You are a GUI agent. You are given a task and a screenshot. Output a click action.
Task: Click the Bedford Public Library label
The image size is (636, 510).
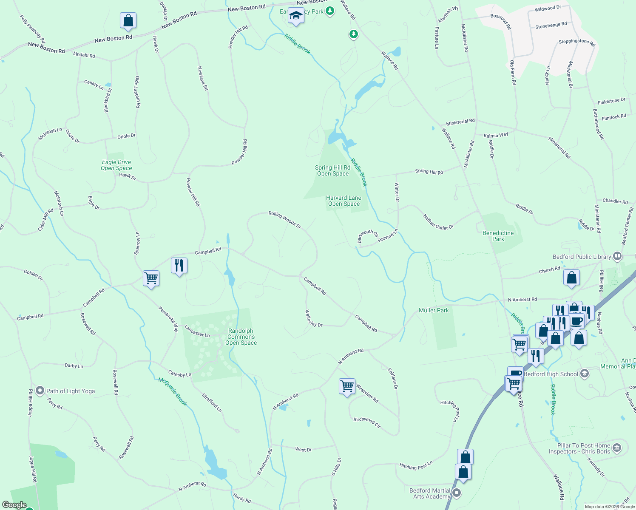[x=582, y=257]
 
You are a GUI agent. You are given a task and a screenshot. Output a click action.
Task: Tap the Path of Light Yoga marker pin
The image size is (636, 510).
[x=40, y=391]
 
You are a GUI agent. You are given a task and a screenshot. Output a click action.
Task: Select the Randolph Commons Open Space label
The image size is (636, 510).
[x=241, y=337]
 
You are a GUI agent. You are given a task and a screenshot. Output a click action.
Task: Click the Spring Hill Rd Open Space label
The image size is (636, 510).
[x=333, y=170]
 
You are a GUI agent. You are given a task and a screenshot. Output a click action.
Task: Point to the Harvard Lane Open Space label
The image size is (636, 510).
[x=344, y=201]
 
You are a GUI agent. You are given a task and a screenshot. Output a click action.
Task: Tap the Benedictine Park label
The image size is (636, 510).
[x=498, y=236]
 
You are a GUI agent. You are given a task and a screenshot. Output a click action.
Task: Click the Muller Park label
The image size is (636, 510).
[x=434, y=310]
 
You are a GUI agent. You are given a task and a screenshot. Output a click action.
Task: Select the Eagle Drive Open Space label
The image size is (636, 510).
[x=116, y=165]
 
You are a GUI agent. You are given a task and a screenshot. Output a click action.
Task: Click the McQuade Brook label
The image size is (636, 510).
[x=173, y=391]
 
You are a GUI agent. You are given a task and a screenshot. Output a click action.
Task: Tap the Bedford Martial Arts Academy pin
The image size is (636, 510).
[x=457, y=493]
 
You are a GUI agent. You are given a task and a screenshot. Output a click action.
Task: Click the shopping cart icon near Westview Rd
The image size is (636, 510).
[x=347, y=386]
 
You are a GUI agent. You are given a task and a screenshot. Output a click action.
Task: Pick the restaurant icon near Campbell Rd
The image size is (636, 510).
[x=179, y=266]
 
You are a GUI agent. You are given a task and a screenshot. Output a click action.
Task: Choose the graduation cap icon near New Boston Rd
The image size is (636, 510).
[x=295, y=16]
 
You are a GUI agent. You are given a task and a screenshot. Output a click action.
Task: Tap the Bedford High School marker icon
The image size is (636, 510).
[x=585, y=374]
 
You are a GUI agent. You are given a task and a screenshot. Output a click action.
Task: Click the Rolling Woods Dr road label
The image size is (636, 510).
[x=284, y=220]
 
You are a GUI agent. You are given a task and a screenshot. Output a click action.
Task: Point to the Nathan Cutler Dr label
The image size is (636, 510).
[x=438, y=222]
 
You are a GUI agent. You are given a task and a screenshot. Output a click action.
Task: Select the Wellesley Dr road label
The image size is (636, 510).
[x=313, y=318]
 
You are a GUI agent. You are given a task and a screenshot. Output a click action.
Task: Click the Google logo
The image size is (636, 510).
[x=14, y=505]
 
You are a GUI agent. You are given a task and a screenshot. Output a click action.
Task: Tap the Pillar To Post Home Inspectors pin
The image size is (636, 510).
[x=617, y=448]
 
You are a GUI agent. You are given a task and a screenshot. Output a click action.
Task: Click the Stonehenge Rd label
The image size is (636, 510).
[x=551, y=25]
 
